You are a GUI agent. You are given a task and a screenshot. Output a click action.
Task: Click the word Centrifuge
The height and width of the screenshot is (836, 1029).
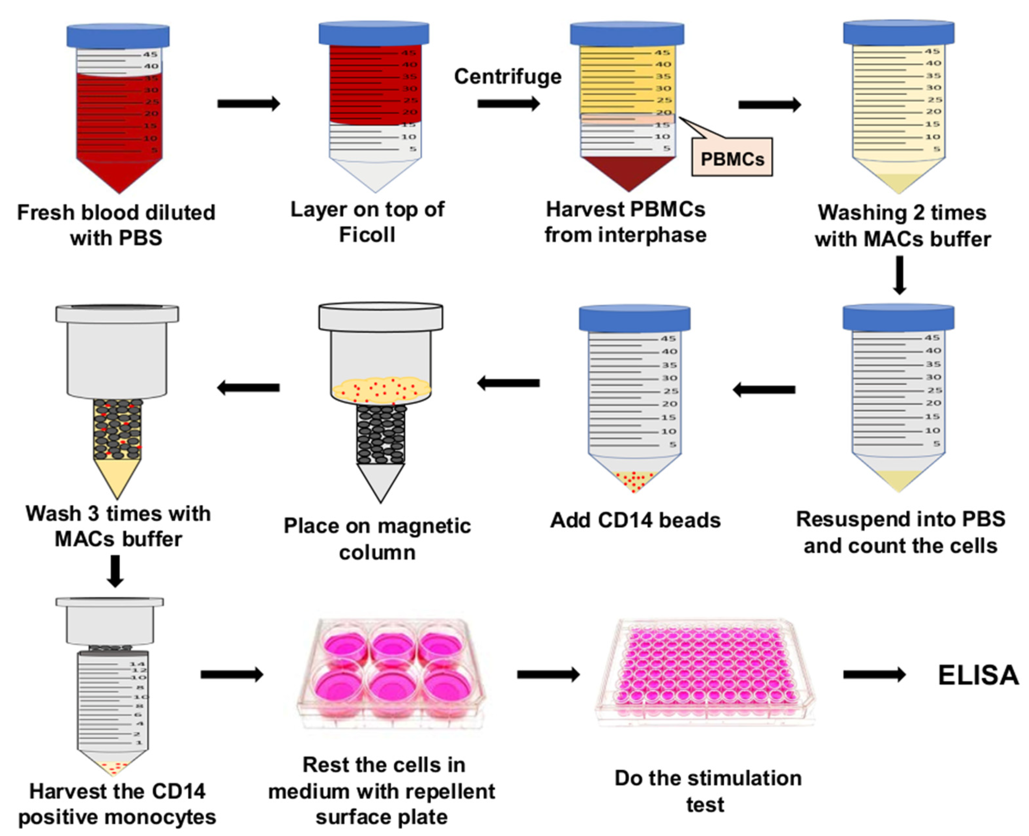[508, 77]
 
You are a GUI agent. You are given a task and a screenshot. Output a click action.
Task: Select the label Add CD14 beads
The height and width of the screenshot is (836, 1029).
[635, 520]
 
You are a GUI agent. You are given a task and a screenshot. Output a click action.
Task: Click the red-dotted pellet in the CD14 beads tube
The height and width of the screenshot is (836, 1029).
[634, 480]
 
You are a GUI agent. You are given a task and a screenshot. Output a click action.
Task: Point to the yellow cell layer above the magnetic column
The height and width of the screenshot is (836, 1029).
[381, 389]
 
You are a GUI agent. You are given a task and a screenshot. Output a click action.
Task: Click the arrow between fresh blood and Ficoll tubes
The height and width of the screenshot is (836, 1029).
[249, 103]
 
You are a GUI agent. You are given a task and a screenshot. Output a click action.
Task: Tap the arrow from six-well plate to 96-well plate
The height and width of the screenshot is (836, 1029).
[548, 675]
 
